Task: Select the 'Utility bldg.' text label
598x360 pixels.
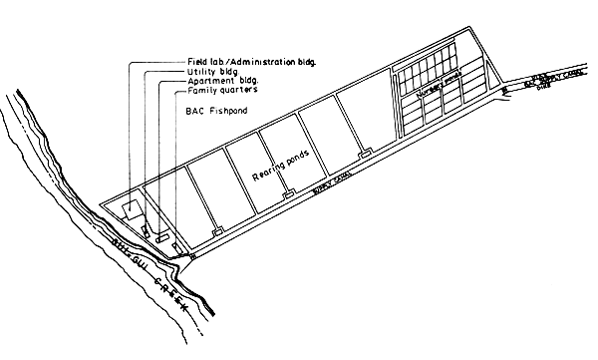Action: [211, 72]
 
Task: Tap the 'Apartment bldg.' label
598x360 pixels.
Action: [219, 81]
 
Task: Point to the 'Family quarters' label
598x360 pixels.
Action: [218, 91]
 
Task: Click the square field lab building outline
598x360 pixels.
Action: [130, 208]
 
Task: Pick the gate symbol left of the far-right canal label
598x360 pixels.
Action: [505, 89]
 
